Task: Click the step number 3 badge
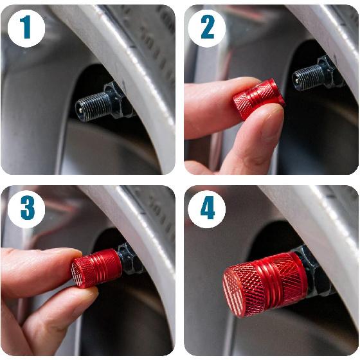[26, 210]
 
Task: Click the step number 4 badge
[207, 210]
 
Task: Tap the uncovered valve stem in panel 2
[309, 78]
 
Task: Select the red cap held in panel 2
[257, 100]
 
